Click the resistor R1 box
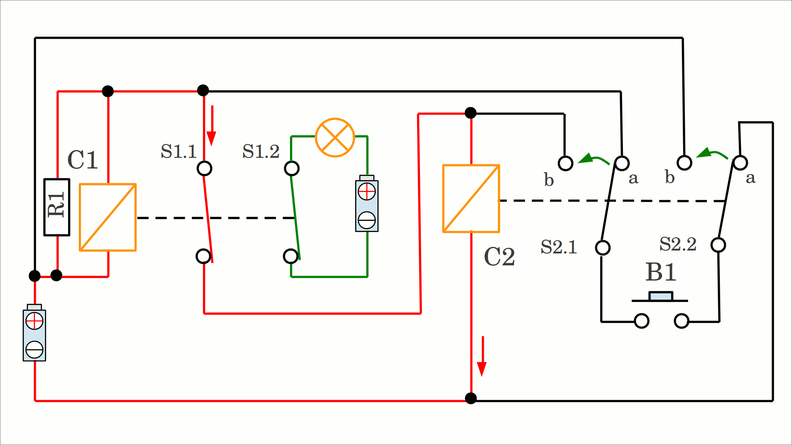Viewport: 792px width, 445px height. tap(57, 207)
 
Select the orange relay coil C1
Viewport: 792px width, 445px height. tap(108, 217)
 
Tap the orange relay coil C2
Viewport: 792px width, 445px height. tap(471, 199)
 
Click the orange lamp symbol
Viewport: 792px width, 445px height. tap(335, 138)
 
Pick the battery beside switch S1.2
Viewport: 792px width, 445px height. tap(367, 204)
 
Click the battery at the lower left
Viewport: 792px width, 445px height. tap(34, 334)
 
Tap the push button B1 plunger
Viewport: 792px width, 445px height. tap(660, 296)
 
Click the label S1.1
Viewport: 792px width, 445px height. tap(179, 152)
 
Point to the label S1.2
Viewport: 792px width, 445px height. tap(261, 152)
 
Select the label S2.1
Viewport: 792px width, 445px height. tap(559, 247)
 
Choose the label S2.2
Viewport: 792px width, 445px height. tap(678, 244)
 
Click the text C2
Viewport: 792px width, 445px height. tap(499, 257)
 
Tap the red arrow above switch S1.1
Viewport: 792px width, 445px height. tap(212, 125)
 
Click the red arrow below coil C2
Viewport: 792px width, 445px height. tap(482, 356)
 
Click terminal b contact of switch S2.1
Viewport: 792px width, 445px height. tap(566, 163)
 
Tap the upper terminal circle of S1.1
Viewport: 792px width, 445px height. tap(205, 169)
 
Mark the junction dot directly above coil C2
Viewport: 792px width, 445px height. tap(471, 112)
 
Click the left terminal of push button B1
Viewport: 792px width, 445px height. tap(641, 321)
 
